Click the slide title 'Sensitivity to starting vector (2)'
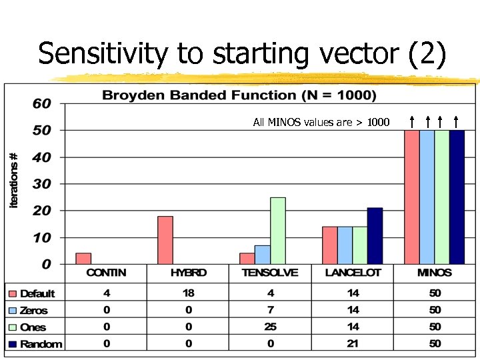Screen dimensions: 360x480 click(241, 53)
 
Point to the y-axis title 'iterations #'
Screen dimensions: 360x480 click(14, 180)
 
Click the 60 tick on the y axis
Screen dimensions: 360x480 click(42, 103)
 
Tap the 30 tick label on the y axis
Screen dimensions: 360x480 click(42, 184)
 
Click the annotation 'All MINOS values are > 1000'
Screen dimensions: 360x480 click(321, 122)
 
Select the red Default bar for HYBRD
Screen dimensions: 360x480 click(165, 239)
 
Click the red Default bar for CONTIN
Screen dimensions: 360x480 click(83, 258)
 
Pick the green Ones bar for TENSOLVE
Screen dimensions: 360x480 click(277, 230)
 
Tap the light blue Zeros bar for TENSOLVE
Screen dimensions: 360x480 click(262, 254)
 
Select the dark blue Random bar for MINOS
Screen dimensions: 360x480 click(457, 197)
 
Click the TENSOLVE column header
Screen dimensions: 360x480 click(270, 273)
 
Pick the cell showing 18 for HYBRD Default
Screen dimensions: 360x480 click(189, 293)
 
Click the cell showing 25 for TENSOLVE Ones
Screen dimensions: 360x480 click(270, 327)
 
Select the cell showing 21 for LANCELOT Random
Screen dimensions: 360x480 click(353, 344)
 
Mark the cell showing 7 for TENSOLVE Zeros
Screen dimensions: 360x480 click(270, 310)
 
